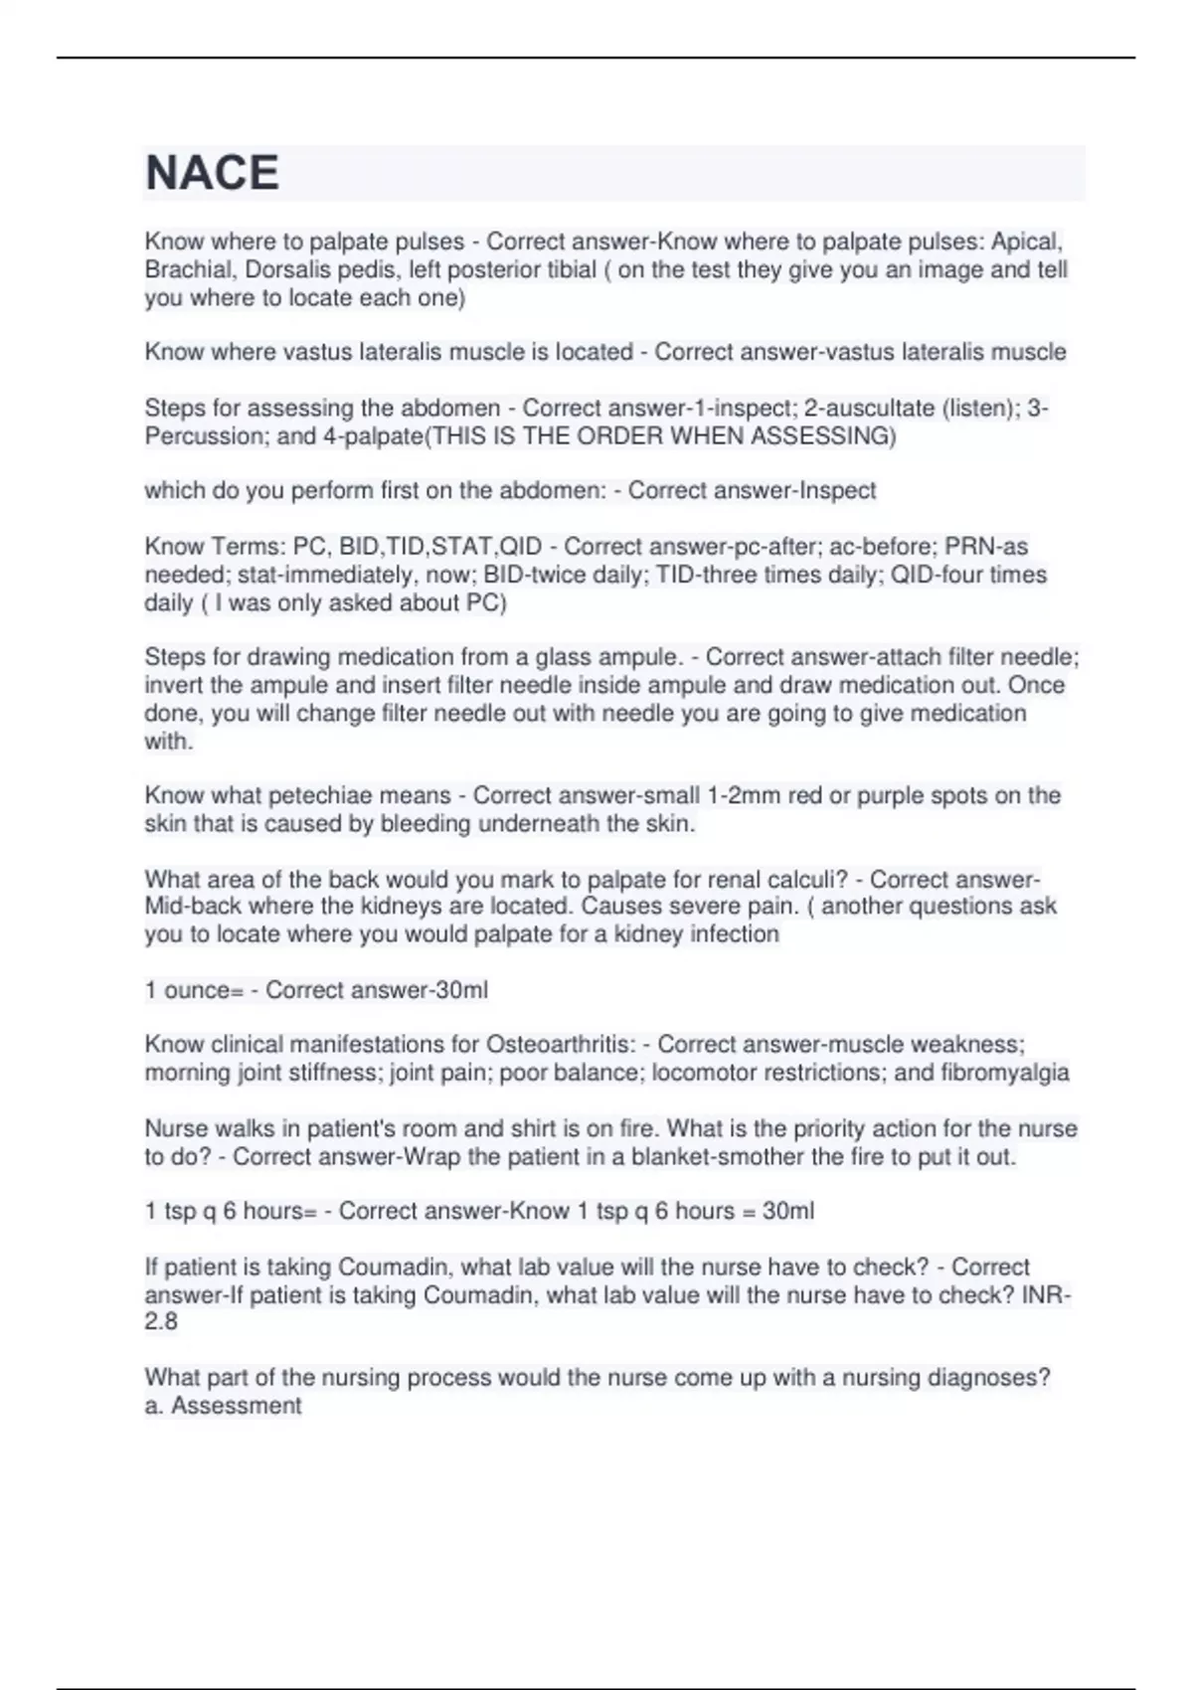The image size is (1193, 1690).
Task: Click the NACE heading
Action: pos(212,173)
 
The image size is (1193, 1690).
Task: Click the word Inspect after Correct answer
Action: pos(838,491)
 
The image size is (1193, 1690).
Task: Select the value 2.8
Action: pos(161,1322)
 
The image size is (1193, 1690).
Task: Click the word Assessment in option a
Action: pos(236,1406)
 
